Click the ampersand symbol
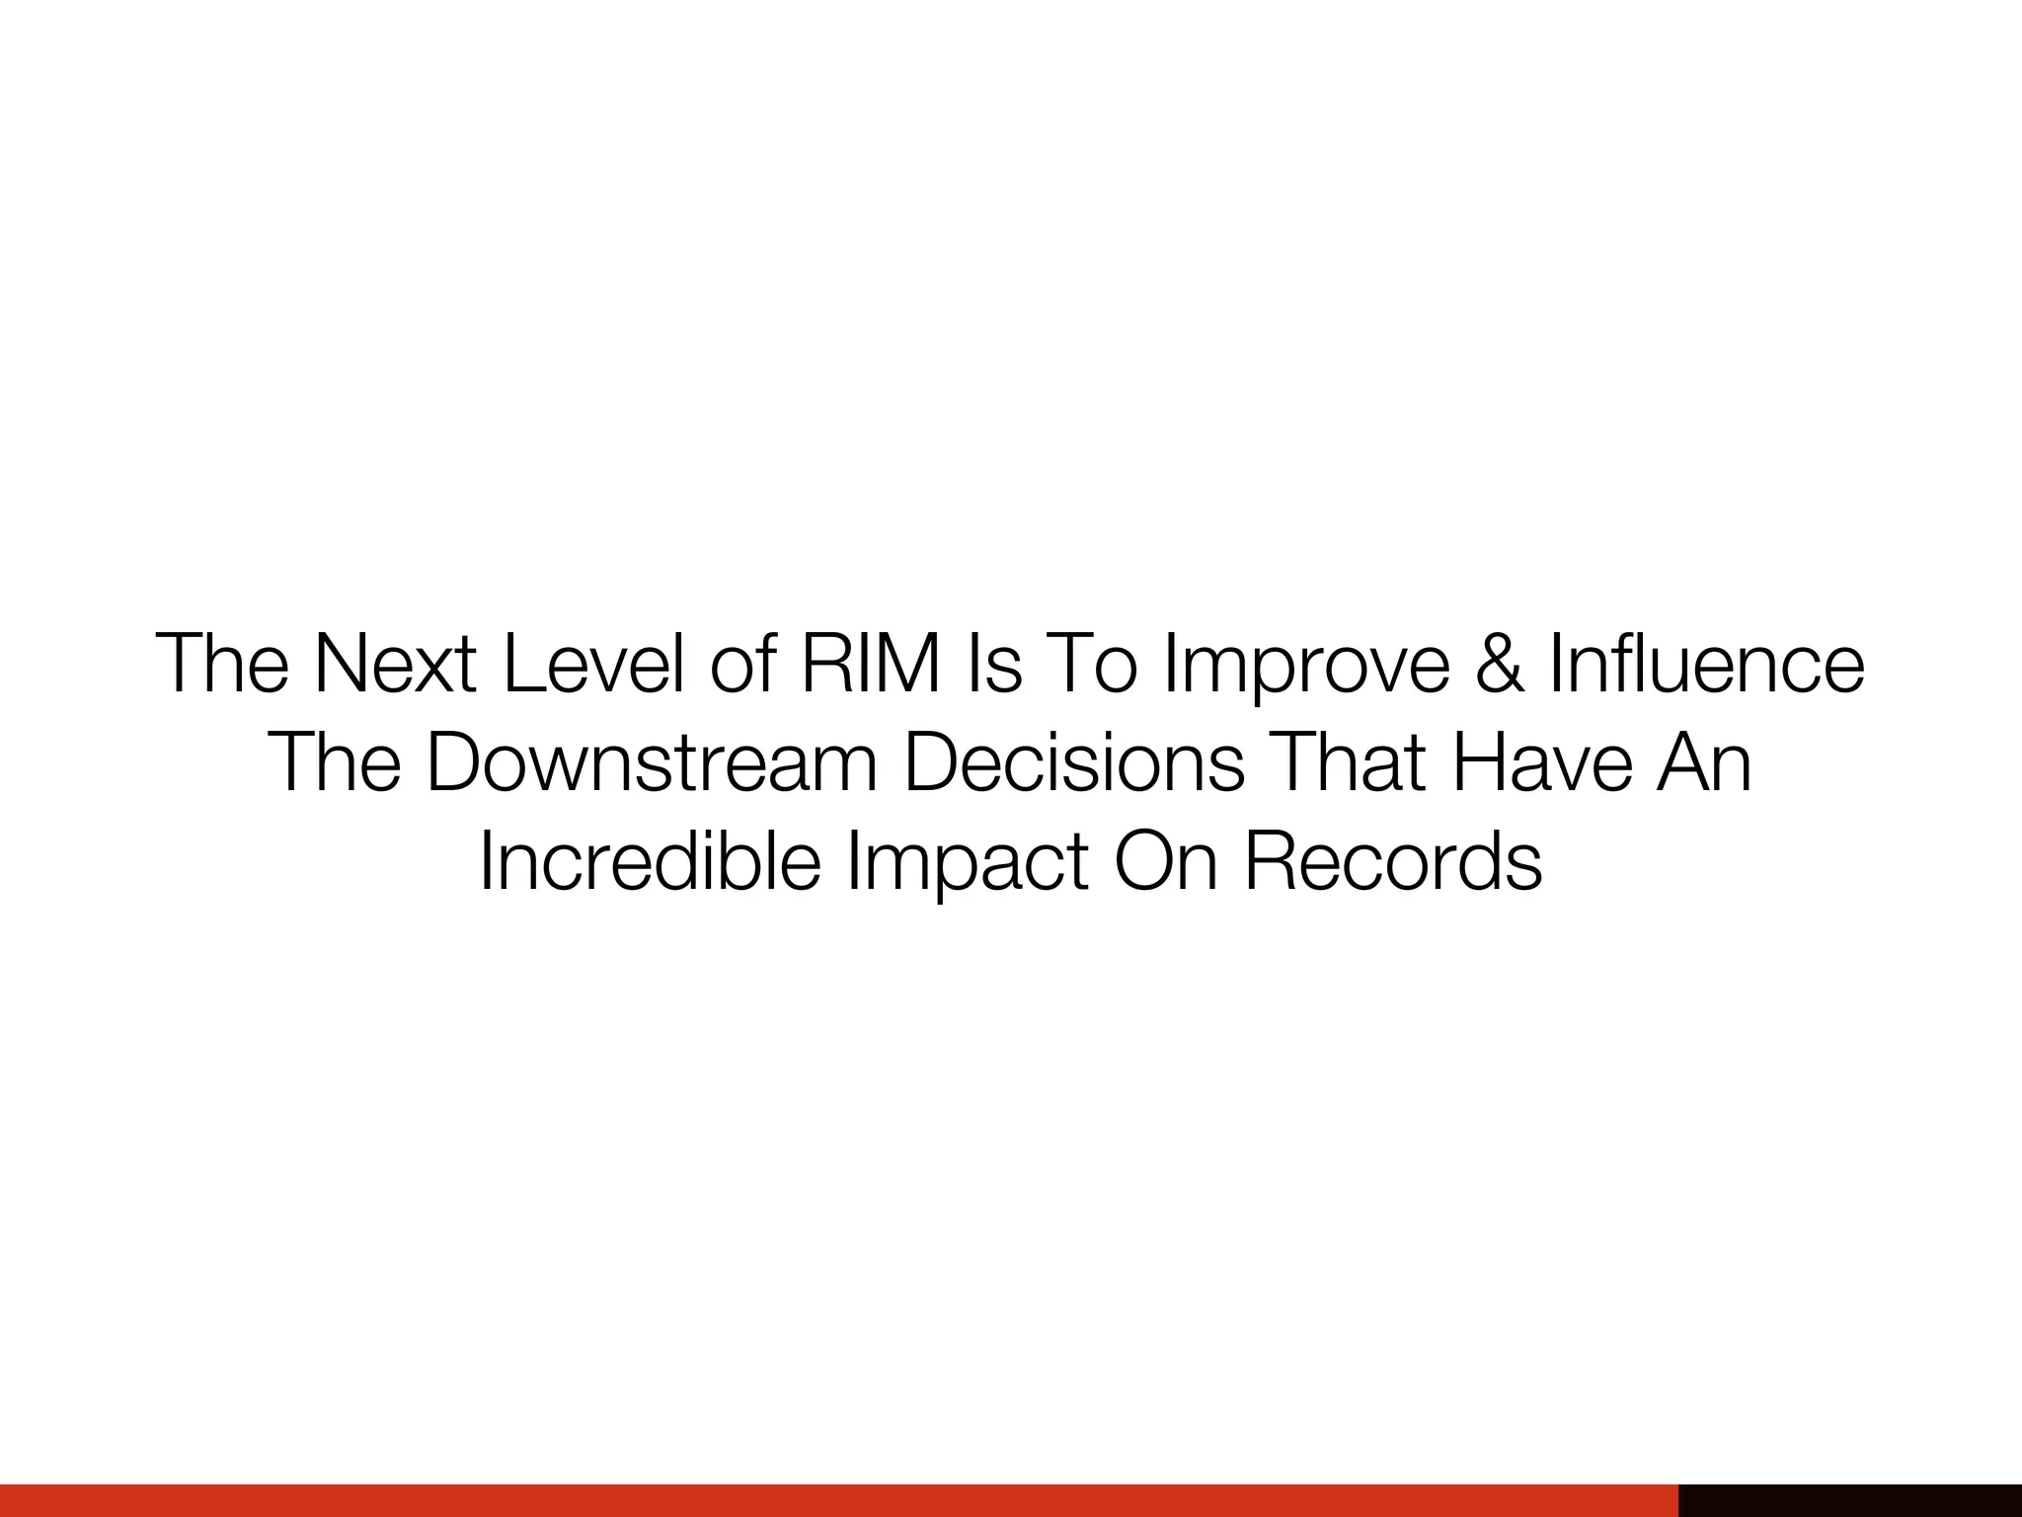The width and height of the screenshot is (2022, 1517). tap(1500, 665)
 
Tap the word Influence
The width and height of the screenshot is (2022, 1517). tap(1707, 665)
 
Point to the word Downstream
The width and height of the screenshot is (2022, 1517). tap(652, 763)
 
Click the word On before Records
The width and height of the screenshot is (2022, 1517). tap(1165, 862)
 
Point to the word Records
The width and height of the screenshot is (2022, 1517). tap(1393, 862)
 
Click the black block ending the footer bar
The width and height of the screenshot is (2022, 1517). tap(1849, 1499)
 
